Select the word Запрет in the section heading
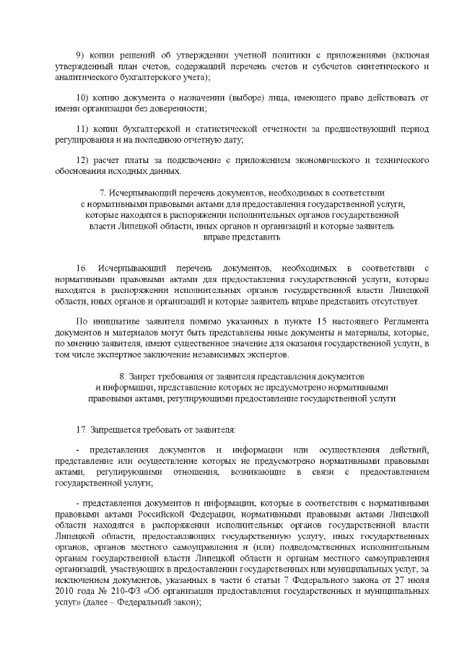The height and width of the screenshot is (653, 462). coord(142,376)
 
